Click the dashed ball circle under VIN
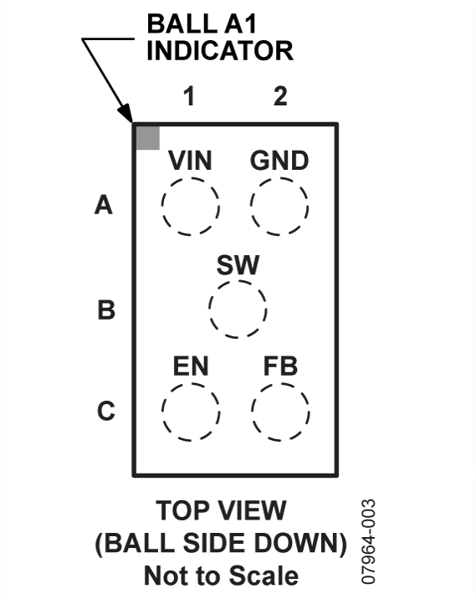point(161,207)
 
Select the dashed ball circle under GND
point(251,207)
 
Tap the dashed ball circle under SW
point(209,310)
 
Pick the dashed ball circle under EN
point(162,412)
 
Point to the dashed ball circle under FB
point(252,412)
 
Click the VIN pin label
point(190,161)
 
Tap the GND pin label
point(279,161)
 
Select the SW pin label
point(238,264)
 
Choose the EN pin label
point(191,366)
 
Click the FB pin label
point(280,366)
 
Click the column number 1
point(190,96)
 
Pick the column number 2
point(280,96)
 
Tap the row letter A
point(104,205)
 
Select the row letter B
point(106,310)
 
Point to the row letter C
point(105,411)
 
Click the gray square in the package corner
point(148,138)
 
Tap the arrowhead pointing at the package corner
point(126,114)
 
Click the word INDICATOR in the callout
point(220,50)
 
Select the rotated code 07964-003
point(368,542)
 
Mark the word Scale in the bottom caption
point(264,576)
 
